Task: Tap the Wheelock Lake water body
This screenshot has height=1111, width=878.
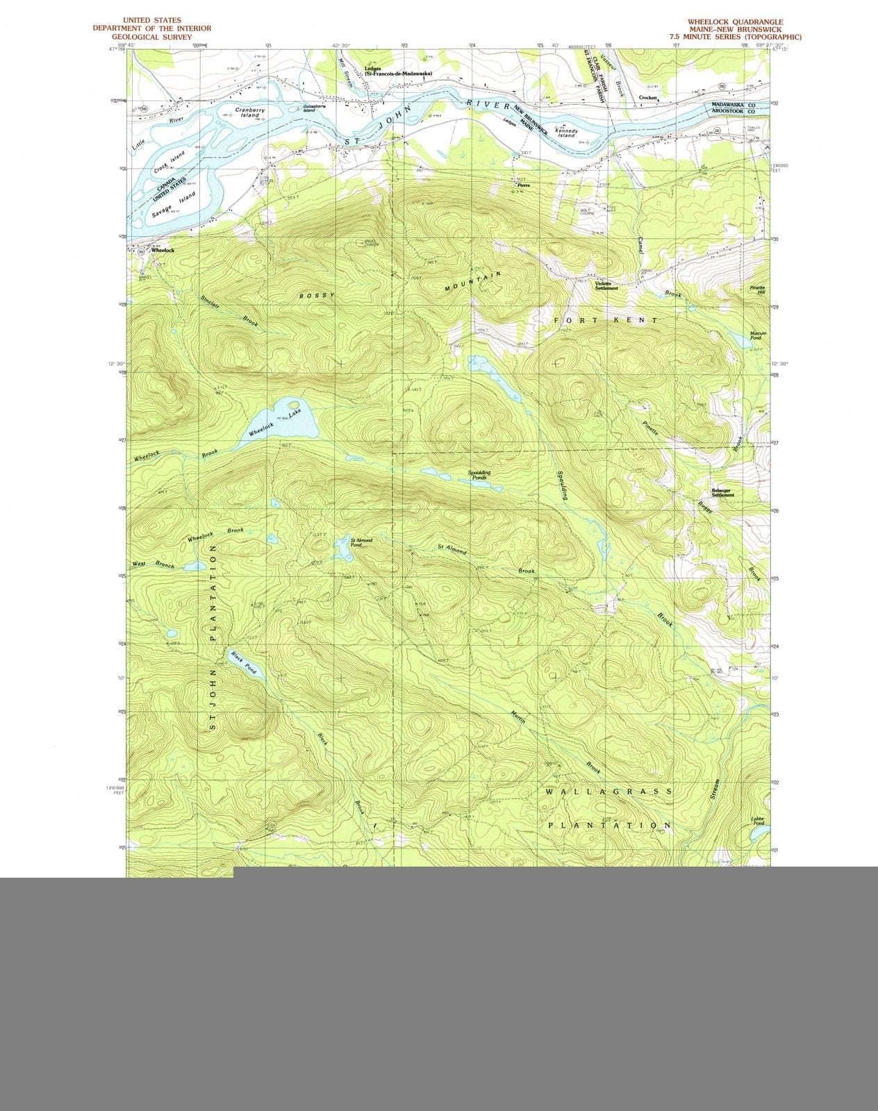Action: click(281, 422)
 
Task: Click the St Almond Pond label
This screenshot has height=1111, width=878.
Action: click(361, 542)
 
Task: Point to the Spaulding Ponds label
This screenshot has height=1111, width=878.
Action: click(479, 475)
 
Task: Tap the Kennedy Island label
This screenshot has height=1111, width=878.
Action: click(566, 133)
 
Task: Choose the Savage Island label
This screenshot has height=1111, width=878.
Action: click(174, 207)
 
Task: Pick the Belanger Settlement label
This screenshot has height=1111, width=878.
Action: click(722, 493)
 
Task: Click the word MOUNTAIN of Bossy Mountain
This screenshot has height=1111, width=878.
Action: click(473, 281)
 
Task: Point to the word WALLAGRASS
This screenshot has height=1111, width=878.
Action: click(608, 792)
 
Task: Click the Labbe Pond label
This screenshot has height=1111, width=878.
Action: click(758, 821)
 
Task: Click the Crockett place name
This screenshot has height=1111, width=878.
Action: click(648, 98)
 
